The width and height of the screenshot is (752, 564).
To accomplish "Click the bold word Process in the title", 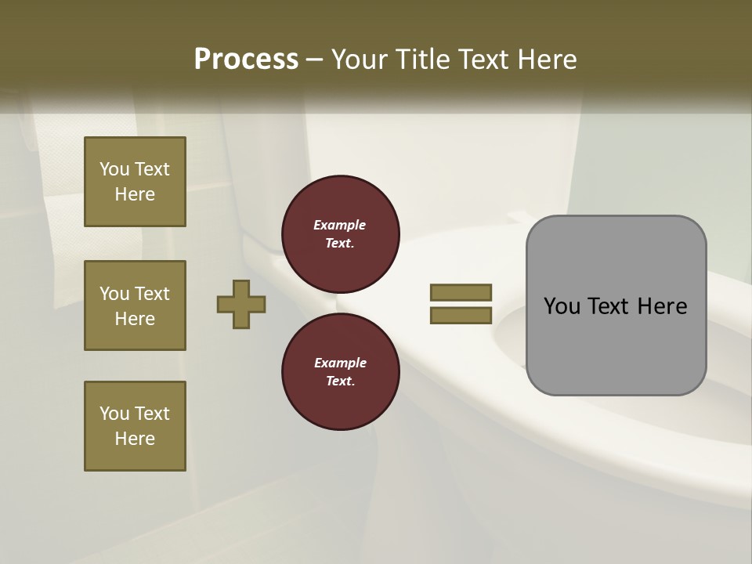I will tap(246, 60).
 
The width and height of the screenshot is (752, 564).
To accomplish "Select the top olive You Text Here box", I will tap(135, 182).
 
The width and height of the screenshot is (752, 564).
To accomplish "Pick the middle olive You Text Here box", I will tap(135, 305).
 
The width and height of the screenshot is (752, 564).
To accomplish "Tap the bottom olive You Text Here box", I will tap(135, 426).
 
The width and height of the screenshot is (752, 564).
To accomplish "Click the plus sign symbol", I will tap(241, 304).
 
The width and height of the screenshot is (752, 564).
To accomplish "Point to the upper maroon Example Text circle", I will tap(341, 234).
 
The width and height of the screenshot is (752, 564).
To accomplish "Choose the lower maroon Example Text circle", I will tap(341, 372).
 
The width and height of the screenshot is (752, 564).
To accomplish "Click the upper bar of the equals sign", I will tap(461, 292).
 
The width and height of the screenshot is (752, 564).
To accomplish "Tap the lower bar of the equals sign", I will tap(461, 316).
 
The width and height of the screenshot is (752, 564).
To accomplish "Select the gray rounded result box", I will tap(616, 305).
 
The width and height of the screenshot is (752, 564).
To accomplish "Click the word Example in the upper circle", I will tap(340, 226).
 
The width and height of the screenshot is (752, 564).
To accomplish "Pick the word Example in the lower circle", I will tap(340, 363).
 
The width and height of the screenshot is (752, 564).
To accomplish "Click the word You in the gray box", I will tap(562, 306).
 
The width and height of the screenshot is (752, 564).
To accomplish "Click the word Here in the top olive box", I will tap(135, 194).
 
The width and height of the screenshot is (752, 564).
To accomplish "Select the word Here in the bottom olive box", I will tap(135, 439).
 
